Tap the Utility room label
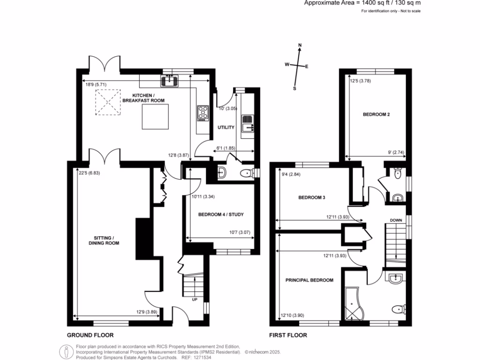pyautogui.click(x=225, y=127)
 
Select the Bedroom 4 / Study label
pyautogui.click(x=221, y=215)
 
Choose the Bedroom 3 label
pyautogui.click(x=312, y=198)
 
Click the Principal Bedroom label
pyautogui.click(x=309, y=280)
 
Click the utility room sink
pyautogui.click(x=247, y=126)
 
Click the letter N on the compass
pyautogui.click(x=300, y=45)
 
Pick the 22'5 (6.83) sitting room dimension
pyautogui.click(x=89, y=172)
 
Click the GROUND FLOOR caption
pyautogui.click(x=90, y=335)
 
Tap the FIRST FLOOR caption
pyautogui.click(x=288, y=335)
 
